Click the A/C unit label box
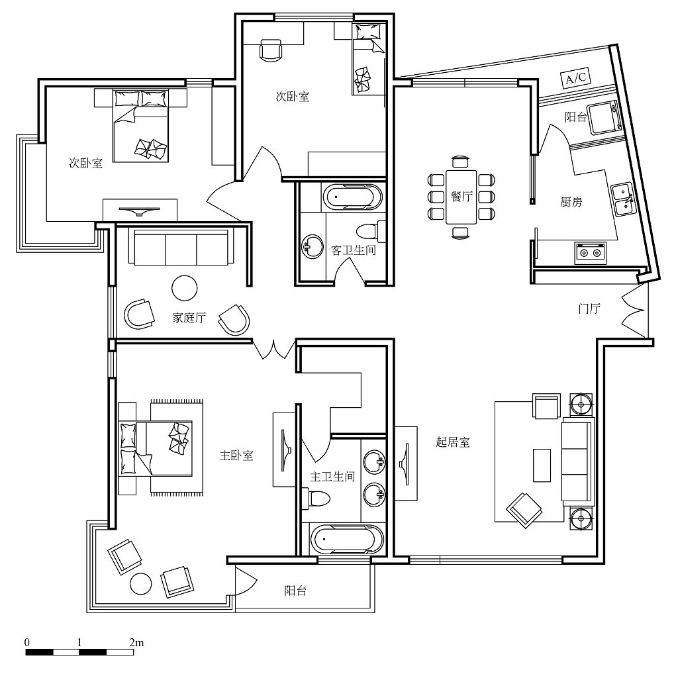(x=576, y=78)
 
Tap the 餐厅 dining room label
(x=461, y=196)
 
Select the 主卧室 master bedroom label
(x=236, y=456)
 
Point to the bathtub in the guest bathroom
(x=353, y=197)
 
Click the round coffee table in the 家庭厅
(x=185, y=288)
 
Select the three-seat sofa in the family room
(x=181, y=248)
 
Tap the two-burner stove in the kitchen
(x=590, y=253)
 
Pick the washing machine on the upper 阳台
(x=604, y=117)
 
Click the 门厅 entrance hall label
(x=589, y=309)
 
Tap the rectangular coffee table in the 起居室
(x=542, y=465)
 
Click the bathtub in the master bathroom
(x=347, y=540)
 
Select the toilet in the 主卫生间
(x=316, y=498)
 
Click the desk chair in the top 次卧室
(x=271, y=50)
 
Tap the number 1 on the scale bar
(x=79, y=642)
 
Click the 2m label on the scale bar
(x=136, y=642)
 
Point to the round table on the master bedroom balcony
(x=141, y=583)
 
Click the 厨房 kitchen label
(x=571, y=201)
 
